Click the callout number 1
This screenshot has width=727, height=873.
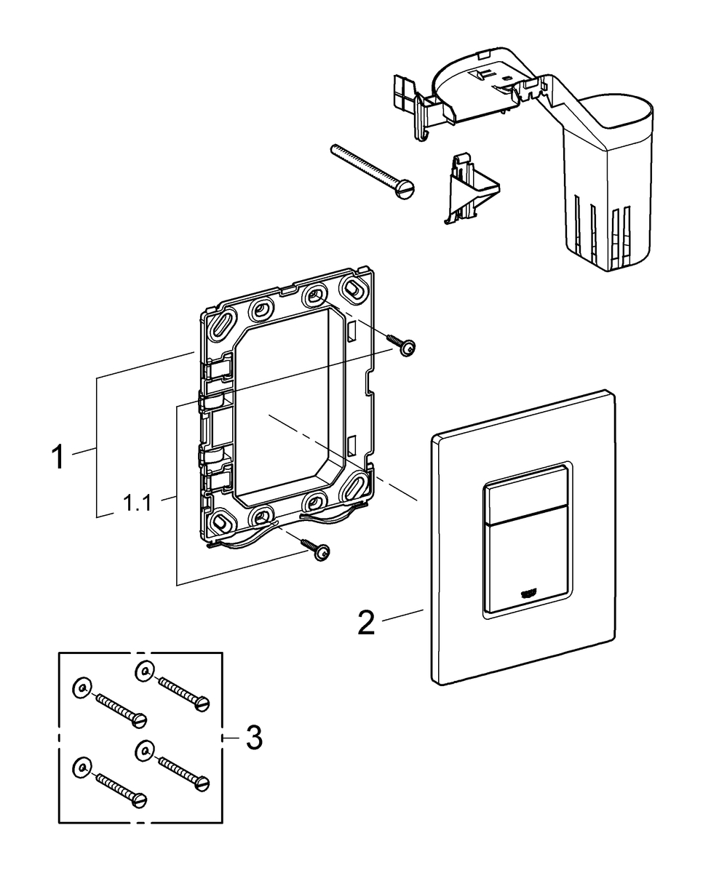point(58,457)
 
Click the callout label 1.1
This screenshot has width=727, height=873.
point(138,503)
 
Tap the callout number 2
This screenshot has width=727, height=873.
point(367,634)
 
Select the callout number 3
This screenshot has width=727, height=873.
point(253,737)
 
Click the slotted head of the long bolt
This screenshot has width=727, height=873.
point(405,188)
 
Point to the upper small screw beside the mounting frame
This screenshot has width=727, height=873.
point(401,346)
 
